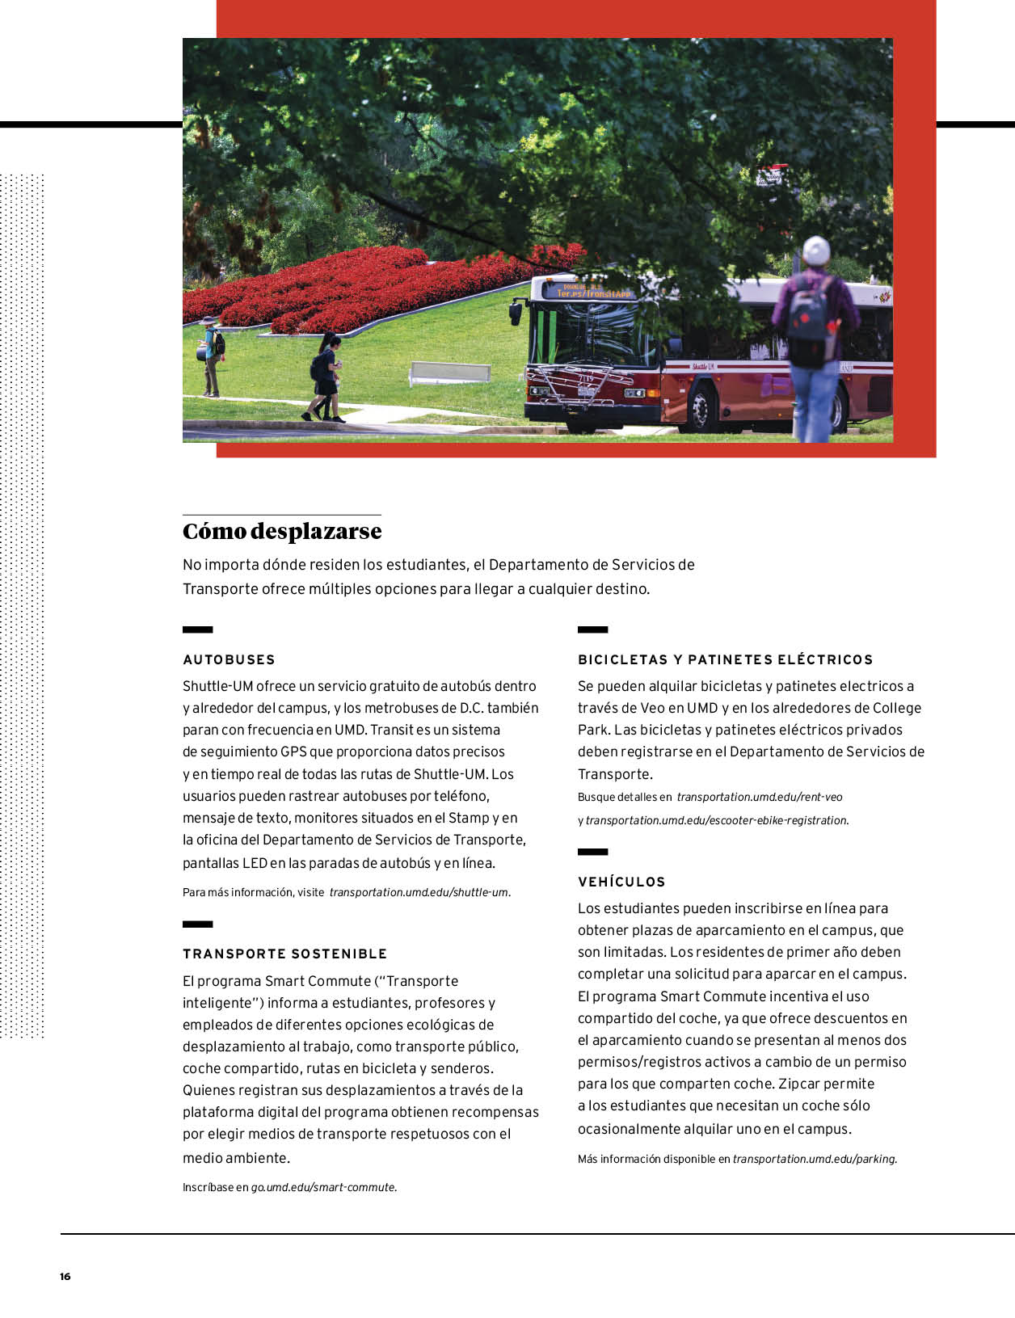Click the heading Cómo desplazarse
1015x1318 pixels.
pos(282,532)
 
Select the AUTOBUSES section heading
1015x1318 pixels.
pos(229,659)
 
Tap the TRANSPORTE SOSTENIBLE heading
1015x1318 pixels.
pos(285,954)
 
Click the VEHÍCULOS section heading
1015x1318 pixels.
pos(621,882)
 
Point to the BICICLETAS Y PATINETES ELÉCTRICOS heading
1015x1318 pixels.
pos(725,659)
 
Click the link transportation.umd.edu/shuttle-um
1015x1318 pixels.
pos(419,892)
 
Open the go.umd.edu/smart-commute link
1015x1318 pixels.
pos(323,1187)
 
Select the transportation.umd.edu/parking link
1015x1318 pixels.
pos(815,1159)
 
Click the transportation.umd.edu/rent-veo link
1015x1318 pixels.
pos(760,797)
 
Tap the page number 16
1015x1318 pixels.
pos(65,1277)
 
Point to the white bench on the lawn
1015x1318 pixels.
pos(450,373)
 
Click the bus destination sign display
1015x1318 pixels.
pos(588,290)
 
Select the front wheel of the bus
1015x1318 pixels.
pos(700,407)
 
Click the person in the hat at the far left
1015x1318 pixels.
pos(210,355)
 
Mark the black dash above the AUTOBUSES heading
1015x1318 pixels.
pos(197,630)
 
